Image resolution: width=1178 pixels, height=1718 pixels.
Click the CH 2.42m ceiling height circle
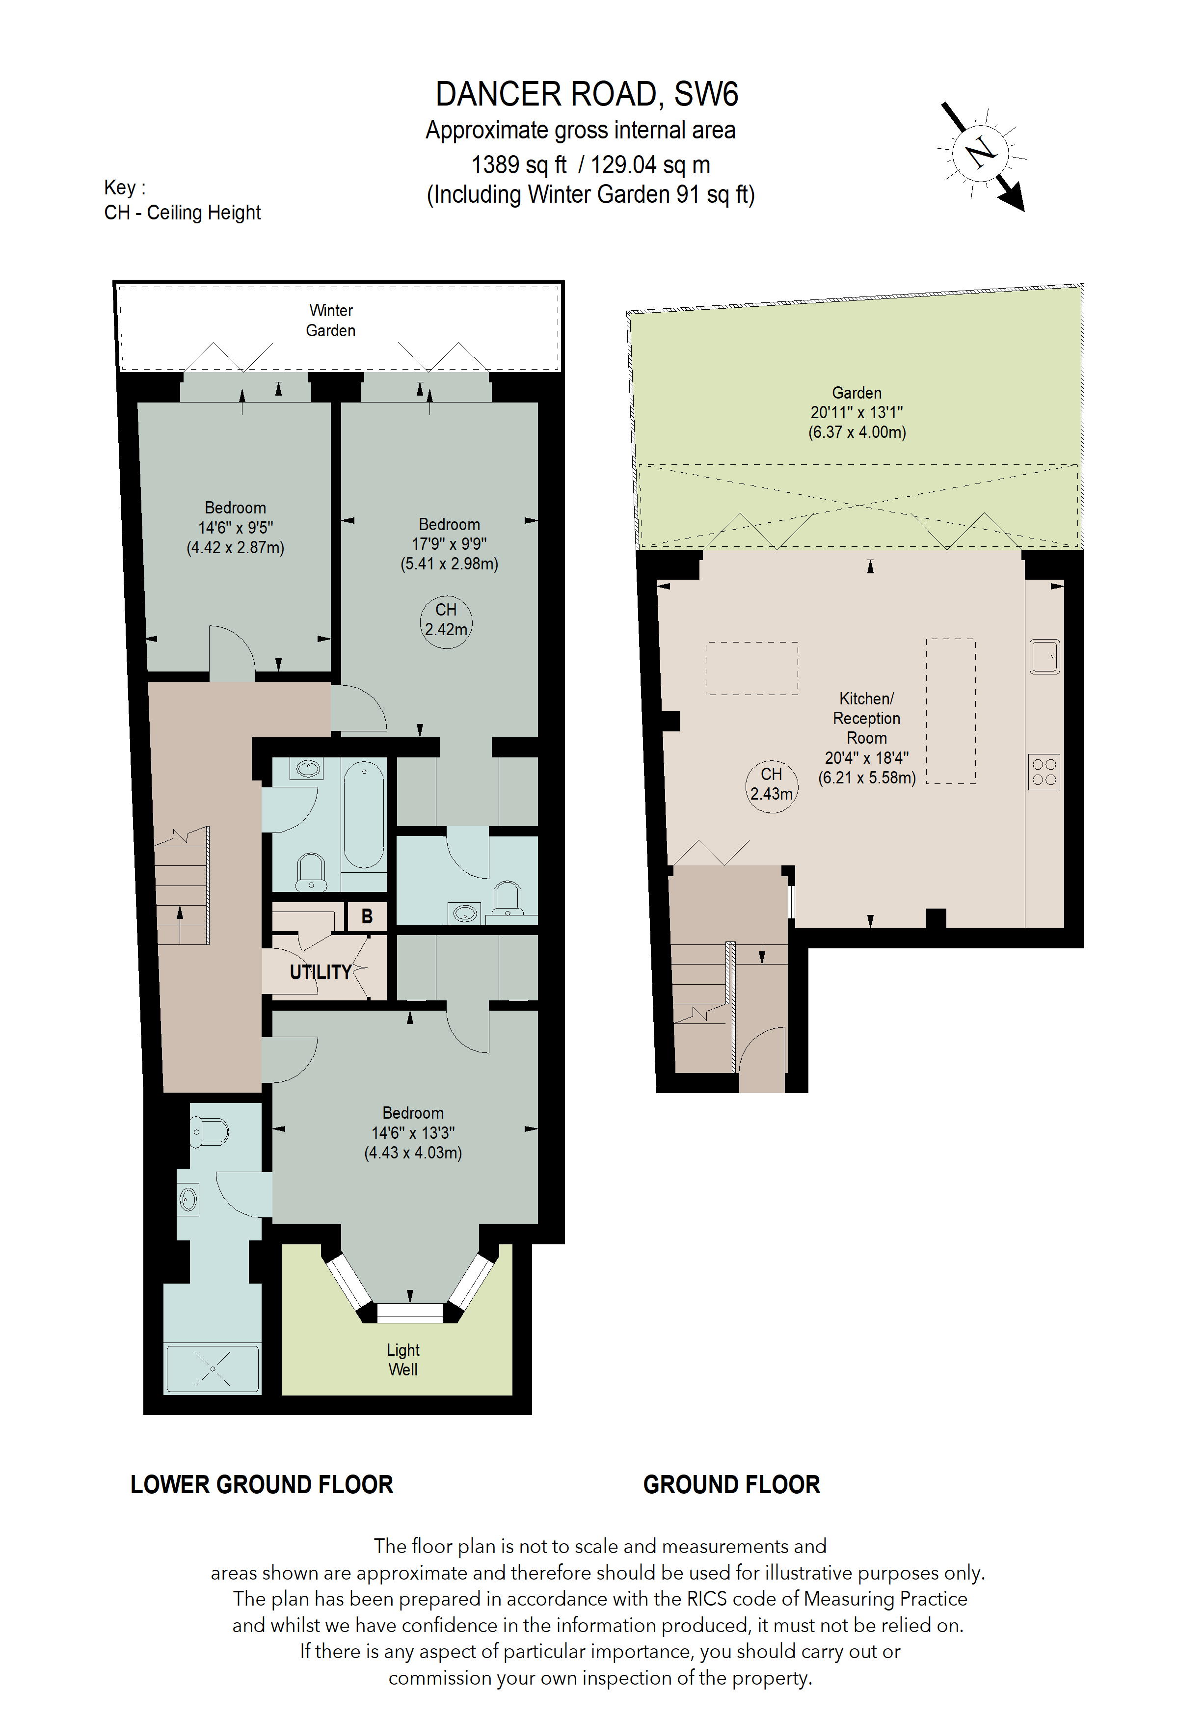coord(446,620)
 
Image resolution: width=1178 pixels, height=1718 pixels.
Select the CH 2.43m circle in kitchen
coord(771,784)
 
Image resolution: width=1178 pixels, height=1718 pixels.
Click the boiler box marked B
coord(367,916)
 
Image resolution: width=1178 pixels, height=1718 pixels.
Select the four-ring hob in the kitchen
coord(1044,772)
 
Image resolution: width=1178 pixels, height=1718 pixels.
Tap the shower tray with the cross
coord(213,1369)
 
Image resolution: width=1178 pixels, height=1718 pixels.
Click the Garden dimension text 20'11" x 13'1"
coord(857,412)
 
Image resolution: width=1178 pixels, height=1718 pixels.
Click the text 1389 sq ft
coord(519,164)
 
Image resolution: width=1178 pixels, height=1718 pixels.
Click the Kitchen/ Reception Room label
coord(866,718)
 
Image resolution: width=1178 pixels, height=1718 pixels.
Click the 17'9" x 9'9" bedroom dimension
coord(449,544)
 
